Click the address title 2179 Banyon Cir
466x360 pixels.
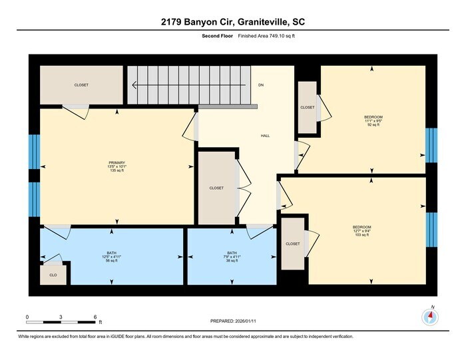[x=232, y=22]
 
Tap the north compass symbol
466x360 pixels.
[x=429, y=317]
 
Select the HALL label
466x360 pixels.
[x=265, y=136]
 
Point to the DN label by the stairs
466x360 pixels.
[x=261, y=85]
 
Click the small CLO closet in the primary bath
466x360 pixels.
[x=53, y=273]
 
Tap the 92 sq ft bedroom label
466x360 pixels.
[x=373, y=120]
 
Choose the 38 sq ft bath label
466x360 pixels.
[x=232, y=257]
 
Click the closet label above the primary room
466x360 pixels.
[x=81, y=85]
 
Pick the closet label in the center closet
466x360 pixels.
[x=216, y=188]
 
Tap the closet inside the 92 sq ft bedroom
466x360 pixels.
[x=307, y=107]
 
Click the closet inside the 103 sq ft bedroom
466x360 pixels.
[x=293, y=244]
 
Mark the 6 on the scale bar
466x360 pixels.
[x=95, y=317]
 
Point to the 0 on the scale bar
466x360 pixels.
[x=27, y=317]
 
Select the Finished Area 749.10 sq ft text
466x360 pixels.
[x=266, y=35]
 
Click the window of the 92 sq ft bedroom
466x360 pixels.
[x=431, y=145]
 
